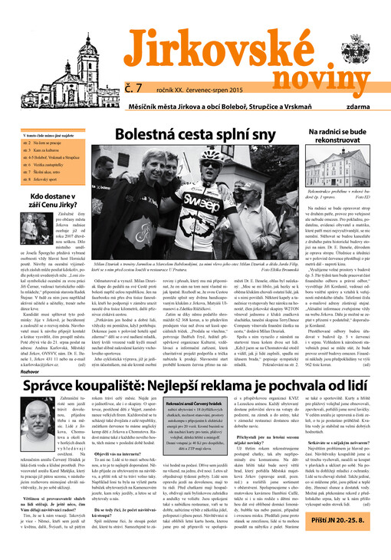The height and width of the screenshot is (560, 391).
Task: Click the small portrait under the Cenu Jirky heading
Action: [x=28, y=234]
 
